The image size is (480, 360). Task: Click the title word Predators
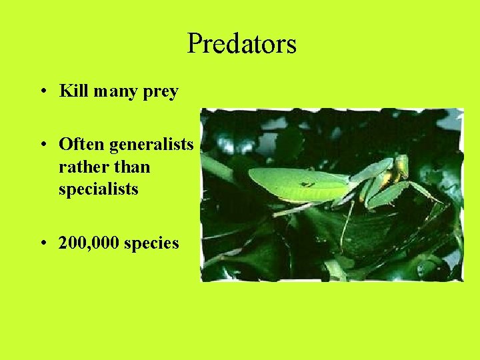tap(241, 44)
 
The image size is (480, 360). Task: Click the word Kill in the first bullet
tap(73, 91)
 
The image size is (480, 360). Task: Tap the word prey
tap(160, 92)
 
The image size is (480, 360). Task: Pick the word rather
tap(79, 167)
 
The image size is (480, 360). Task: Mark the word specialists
tap(99, 189)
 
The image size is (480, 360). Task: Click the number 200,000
tap(89, 243)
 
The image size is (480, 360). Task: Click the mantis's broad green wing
tap(293, 183)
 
